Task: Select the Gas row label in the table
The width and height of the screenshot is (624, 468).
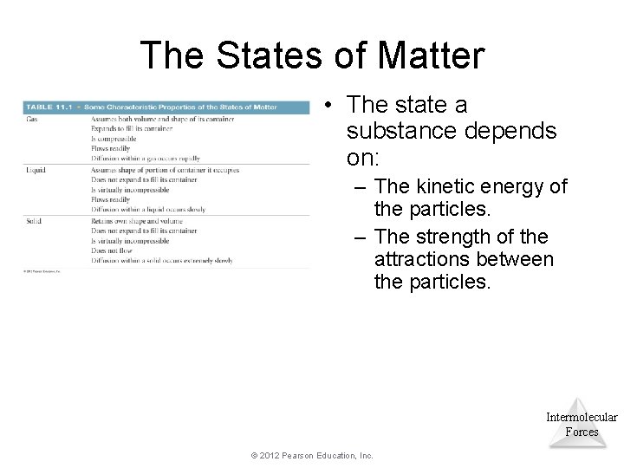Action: tap(32, 119)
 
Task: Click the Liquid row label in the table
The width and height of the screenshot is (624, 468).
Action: tap(36, 170)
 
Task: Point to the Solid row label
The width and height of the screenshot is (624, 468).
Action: tap(34, 221)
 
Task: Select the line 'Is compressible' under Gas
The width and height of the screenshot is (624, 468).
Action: tap(119, 139)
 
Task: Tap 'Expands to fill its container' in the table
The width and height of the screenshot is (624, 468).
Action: tap(132, 129)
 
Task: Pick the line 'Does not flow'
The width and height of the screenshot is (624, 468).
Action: tap(114, 250)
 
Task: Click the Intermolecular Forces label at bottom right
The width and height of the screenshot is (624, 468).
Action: tap(582, 424)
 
